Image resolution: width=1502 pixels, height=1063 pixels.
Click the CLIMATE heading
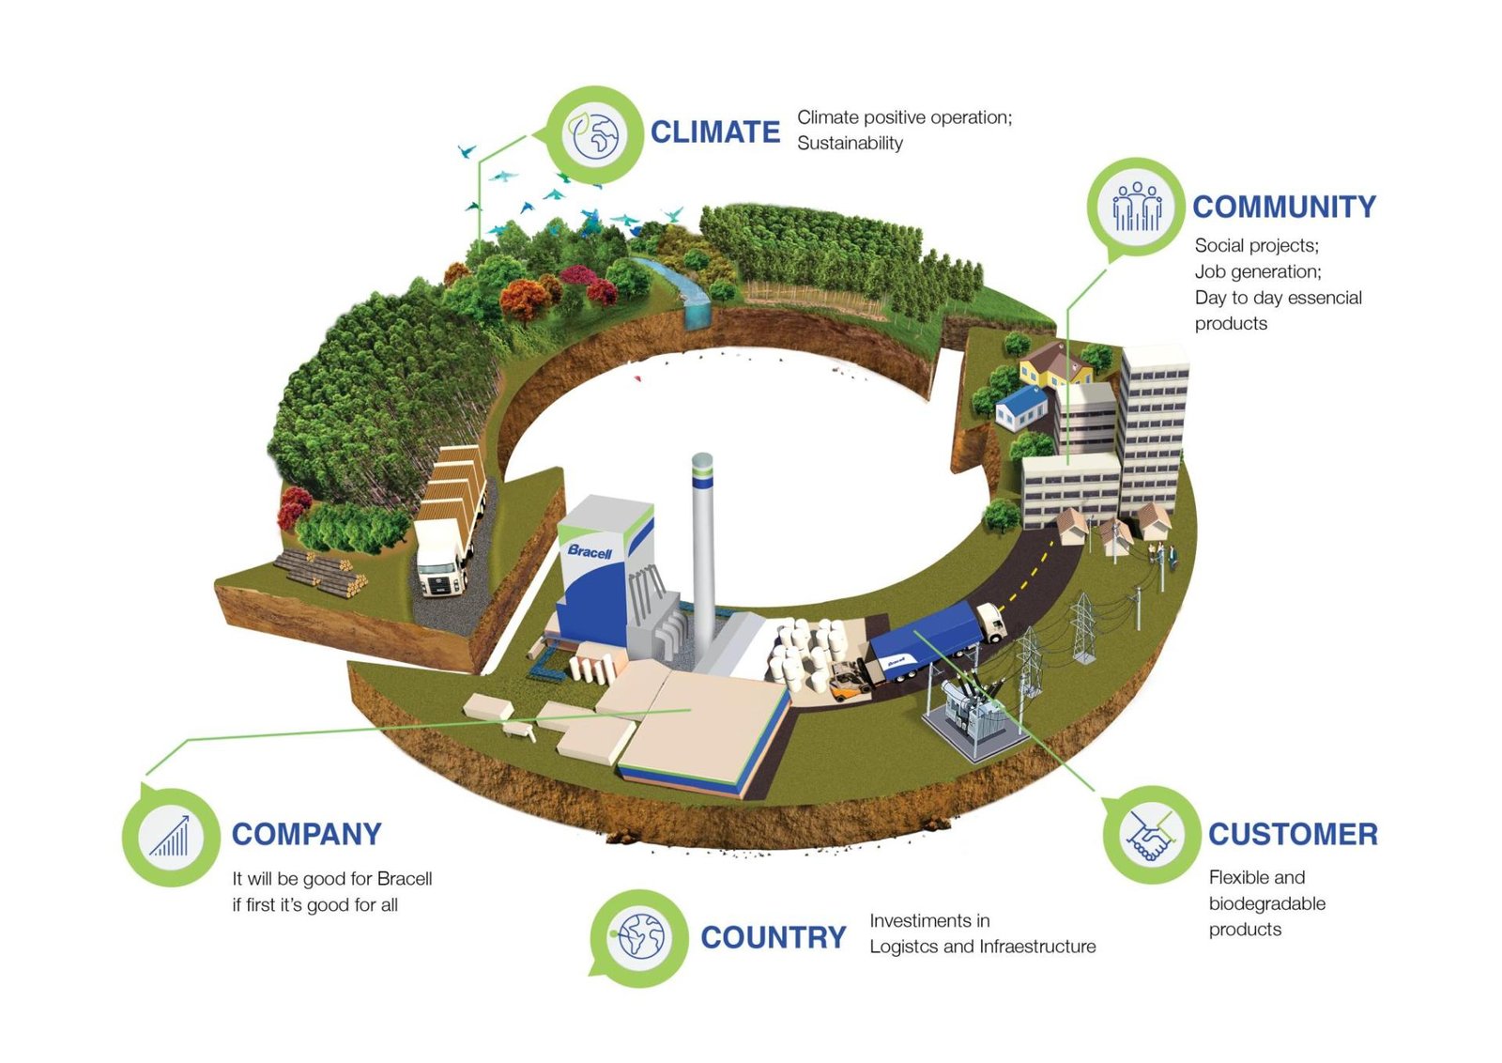(x=714, y=132)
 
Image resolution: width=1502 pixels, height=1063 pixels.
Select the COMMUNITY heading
(x=1283, y=207)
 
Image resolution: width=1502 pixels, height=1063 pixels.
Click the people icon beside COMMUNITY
(x=1136, y=207)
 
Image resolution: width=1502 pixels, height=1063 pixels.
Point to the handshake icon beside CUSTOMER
(x=1150, y=834)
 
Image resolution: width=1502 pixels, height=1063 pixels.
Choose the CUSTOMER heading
(x=1293, y=834)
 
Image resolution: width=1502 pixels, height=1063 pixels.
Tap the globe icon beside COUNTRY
(x=640, y=936)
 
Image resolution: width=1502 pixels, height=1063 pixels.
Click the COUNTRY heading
(x=773, y=937)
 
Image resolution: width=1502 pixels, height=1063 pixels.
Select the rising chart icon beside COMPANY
(x=171, y=836)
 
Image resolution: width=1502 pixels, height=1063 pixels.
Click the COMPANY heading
(x=306, y=834)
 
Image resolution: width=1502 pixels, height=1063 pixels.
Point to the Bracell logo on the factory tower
(x=590, y=551)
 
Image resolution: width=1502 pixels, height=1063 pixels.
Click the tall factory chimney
(x=702, y=554)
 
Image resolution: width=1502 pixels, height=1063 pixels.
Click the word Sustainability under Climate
(x=850, y=143)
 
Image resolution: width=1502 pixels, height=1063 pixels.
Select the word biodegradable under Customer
(x=1266, y=903)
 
